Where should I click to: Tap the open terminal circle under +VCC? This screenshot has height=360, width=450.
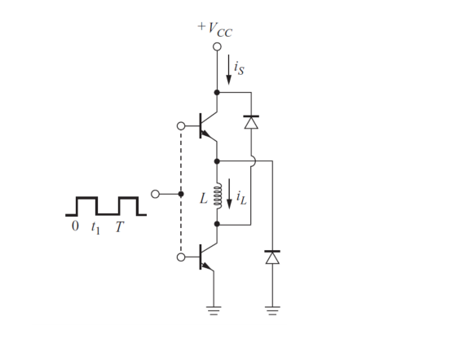217,47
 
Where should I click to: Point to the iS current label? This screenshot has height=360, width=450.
239,69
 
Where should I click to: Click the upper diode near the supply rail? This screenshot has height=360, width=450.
251,122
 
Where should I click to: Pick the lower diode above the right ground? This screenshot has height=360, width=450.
271,257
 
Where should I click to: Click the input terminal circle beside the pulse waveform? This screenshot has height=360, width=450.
156,194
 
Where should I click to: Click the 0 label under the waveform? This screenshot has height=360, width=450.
75,226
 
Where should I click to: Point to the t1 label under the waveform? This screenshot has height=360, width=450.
96,227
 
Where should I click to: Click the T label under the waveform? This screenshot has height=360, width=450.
119,226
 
